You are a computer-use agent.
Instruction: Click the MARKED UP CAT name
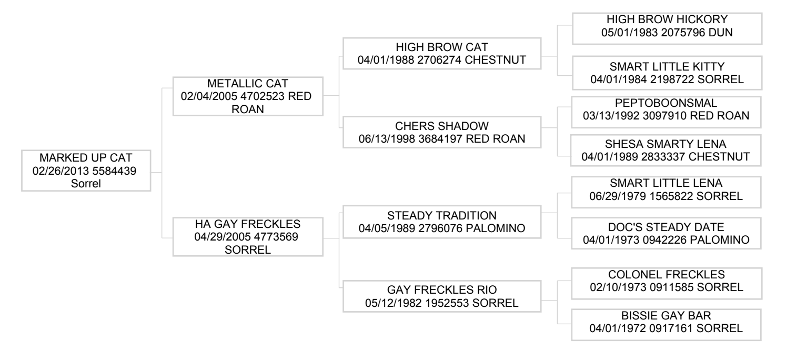(x=86, y=158)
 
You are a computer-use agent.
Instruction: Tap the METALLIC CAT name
(x=248, y=84)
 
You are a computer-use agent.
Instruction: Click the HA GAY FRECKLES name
(x=248, y=224)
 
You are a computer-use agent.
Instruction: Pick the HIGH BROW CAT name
(x=442, y=47)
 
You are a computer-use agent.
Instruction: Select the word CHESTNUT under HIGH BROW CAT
(x=495, y=60)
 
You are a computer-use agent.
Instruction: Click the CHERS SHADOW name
(x=442, y=126)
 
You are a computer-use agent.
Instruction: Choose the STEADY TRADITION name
(x=442, y=215)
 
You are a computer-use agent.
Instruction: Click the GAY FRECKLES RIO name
(x=442, y=290)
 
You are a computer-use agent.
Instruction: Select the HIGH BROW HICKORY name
(x=667, y=19)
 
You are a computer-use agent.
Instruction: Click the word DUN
(x=720, y=33)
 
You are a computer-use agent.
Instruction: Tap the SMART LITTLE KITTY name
(x=667, y=67)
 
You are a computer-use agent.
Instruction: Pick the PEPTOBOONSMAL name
(x=666, y=103)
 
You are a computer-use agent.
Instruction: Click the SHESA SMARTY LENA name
(x=666, y=144)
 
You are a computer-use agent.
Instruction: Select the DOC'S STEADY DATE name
(x=666, y=227)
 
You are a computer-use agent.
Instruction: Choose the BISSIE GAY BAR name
(x=666, y=315)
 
